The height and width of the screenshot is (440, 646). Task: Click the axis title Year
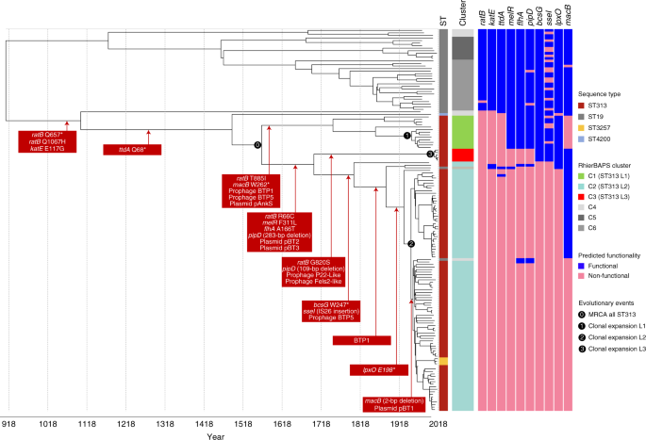point(216,437)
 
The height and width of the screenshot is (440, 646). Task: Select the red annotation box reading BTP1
point(361,339)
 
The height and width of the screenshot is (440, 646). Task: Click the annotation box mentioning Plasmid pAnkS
point(250,192)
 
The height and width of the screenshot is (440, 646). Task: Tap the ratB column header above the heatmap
point(482,15)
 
